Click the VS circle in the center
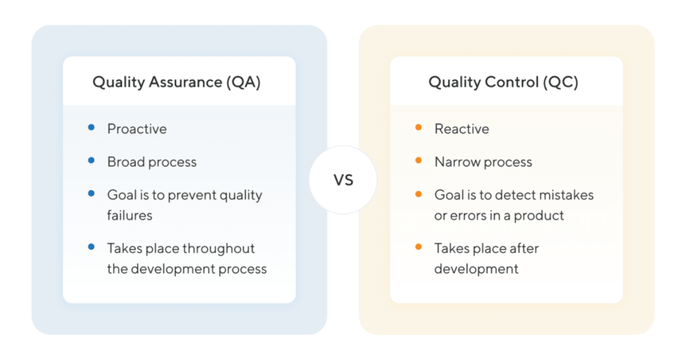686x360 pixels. (x=343, y=180)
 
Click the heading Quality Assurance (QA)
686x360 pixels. (x=177, y=82)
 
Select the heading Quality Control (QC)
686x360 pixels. (x=503, y=82)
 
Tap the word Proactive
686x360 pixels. (x=137, y=129)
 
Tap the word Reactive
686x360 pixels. (x=462, y=129)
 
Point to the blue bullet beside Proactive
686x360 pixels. (x=91, y=128)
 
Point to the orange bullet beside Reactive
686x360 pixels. (x=418, y=128)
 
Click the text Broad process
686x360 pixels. (x=152, y=162)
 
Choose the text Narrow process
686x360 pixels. (x=483, y=162)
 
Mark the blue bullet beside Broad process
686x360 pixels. (x=91, y=161)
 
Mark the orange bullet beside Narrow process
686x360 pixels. (x=418, y=161)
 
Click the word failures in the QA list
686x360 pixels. (x=130, y=215)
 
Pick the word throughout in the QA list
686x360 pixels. (x=219, y=249)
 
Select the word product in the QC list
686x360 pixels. (x=542, y=215)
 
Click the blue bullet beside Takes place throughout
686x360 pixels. (x=91, y=247)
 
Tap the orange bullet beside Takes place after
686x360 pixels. (x=418, y=247)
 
